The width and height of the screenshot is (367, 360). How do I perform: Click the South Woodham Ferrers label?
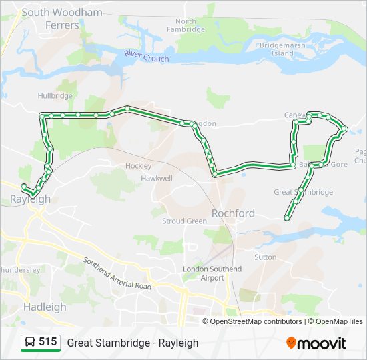point(62,19)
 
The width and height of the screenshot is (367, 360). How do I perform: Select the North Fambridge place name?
point(186,26)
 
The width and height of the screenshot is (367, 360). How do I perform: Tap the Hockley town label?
point(138,165)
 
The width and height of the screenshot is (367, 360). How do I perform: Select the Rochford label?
point(233,213)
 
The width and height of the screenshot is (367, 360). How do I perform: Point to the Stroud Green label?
point(184,221)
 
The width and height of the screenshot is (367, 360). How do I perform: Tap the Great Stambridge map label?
point(303,192)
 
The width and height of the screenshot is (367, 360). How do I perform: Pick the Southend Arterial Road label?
point(117,273)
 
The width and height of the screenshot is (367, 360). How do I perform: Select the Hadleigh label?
point(45,307)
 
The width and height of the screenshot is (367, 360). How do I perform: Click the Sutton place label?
point(265,257)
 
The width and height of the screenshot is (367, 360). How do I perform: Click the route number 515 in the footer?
point(47,342)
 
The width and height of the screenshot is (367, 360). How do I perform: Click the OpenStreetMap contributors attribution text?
point(256,321)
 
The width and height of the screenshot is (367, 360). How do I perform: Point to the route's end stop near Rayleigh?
point(23,187)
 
